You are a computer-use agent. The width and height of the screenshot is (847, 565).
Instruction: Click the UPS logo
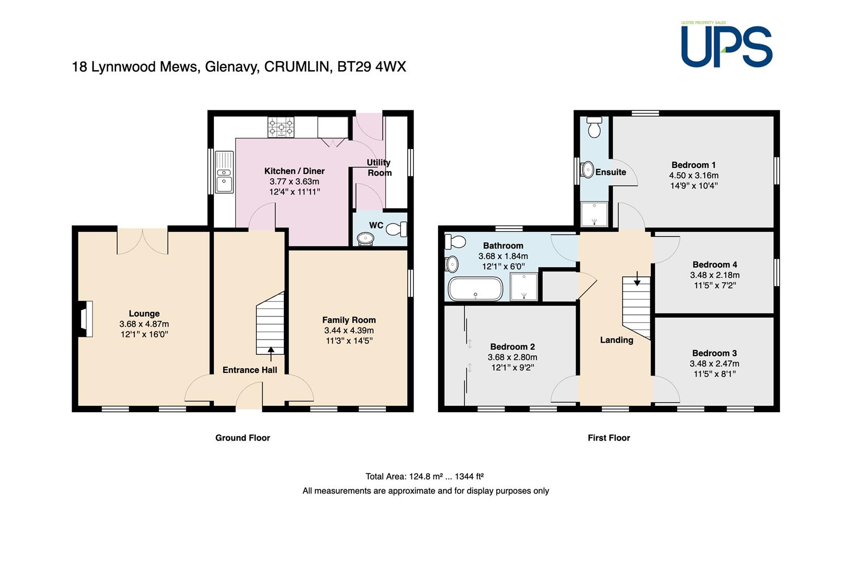(x=726, y=45)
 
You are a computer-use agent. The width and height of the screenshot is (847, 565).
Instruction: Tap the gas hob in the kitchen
(x=281, y=127)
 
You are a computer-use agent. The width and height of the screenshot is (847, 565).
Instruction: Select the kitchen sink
(x=224, y=172)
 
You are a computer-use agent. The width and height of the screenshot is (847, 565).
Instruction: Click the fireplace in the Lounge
(x=85, y=319)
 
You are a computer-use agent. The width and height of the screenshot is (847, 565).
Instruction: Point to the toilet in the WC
(x=396, y=229)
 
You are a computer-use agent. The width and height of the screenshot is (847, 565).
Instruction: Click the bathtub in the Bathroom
(x=475, y=289)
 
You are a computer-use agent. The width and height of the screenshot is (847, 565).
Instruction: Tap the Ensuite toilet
(x=594, y=127)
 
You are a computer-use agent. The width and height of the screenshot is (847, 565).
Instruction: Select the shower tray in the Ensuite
(x=594, y=214)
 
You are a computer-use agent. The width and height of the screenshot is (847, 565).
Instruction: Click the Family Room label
(x=349, y=320)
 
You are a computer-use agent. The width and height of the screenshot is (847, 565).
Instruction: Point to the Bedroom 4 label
(x=715, y=265)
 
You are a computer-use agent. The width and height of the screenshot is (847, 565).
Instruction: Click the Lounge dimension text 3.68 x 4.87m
(x=144, y=324)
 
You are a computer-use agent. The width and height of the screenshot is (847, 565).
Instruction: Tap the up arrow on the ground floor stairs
(x=271, y=354)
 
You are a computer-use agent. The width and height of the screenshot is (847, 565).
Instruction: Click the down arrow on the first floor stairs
(x=637, y=278)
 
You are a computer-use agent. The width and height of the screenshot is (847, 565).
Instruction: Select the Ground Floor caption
(x=243, y=438)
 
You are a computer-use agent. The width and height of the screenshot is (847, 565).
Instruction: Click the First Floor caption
(x=609, y=438)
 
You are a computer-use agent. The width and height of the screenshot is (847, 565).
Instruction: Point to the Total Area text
(x=425, y=477)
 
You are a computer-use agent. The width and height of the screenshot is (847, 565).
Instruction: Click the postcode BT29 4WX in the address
(x=371, y=67)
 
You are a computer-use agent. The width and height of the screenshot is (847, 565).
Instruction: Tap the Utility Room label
(x=379, y=167)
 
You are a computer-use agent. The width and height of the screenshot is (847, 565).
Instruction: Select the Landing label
(x=617, y=340)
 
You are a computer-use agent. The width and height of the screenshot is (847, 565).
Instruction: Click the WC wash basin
(x=365, y=239)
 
